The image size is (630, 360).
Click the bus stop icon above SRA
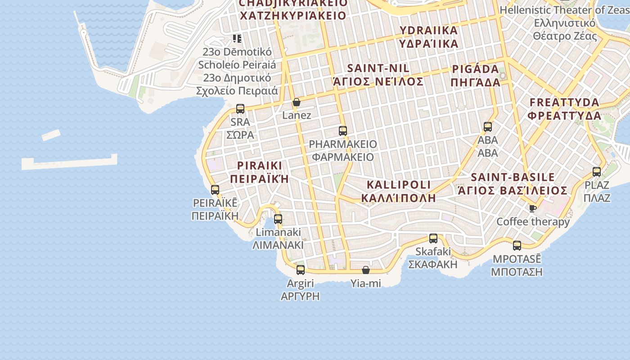click(x=240, y=108)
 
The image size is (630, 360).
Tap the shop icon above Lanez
click(x=296, y=103)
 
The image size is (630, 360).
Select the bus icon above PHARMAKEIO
click(x=343, y=131)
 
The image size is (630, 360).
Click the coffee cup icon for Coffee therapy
click(x=532, y=208)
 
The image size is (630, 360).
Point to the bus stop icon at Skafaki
click(x=433, y=238)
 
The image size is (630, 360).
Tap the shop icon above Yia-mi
click(x=366, y=270)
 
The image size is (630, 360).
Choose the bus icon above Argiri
click(x=301, y=270)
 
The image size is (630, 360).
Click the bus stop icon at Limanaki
click(x=278, y=219)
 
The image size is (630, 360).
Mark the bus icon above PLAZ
click(x=597, y=171)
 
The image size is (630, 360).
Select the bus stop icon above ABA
click(x=488, y=127)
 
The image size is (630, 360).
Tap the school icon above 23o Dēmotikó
click(x=237, y=39)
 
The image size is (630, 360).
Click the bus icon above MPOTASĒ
click(x=517, y=246)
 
